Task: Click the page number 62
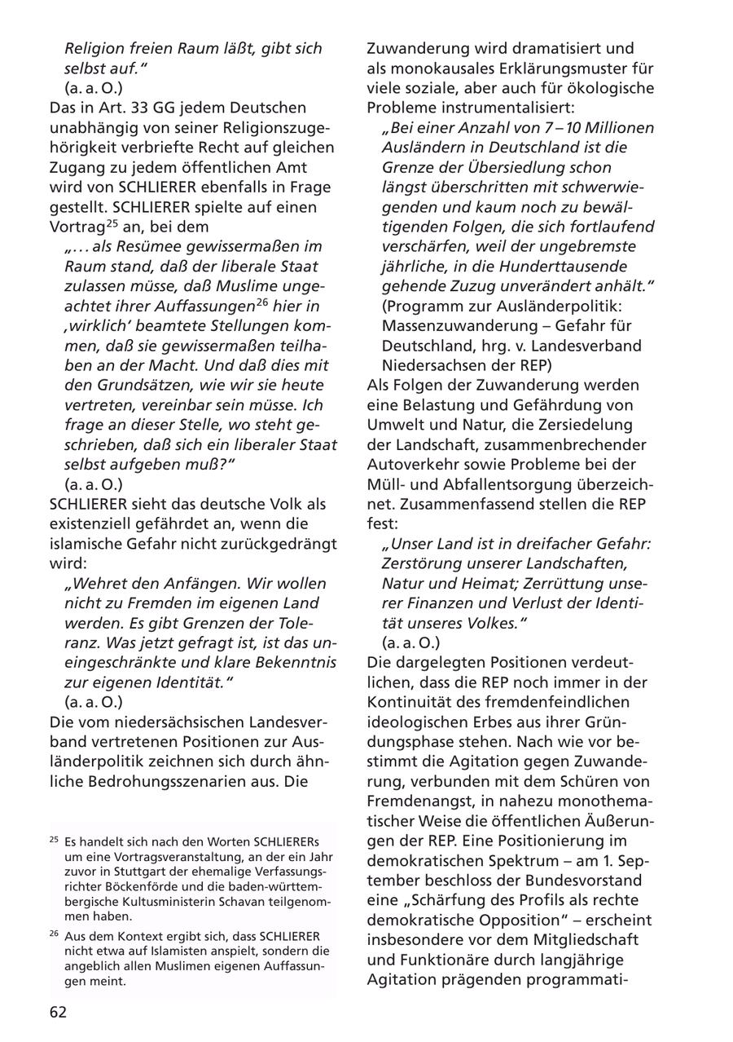[58, 1012]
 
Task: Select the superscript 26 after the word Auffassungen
[262, 301]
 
